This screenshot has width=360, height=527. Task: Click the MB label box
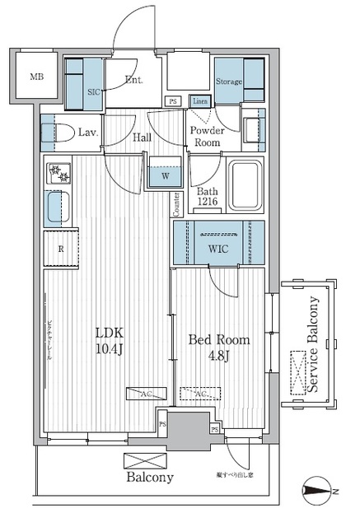(36, 78)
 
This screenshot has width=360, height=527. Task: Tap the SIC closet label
(93, 92)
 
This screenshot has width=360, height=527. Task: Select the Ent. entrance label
(134, 81)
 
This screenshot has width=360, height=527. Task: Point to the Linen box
(199, 100)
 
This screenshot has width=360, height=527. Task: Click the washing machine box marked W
(166, 174)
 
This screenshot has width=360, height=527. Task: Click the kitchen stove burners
(58, 174)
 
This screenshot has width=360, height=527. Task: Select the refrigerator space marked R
(61, 250)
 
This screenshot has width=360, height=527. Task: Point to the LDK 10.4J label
(108, 341)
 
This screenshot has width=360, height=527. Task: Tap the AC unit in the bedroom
(199, 394)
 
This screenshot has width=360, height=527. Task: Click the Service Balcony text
(313, 346)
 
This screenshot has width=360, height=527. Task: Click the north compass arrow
(321, 492)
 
